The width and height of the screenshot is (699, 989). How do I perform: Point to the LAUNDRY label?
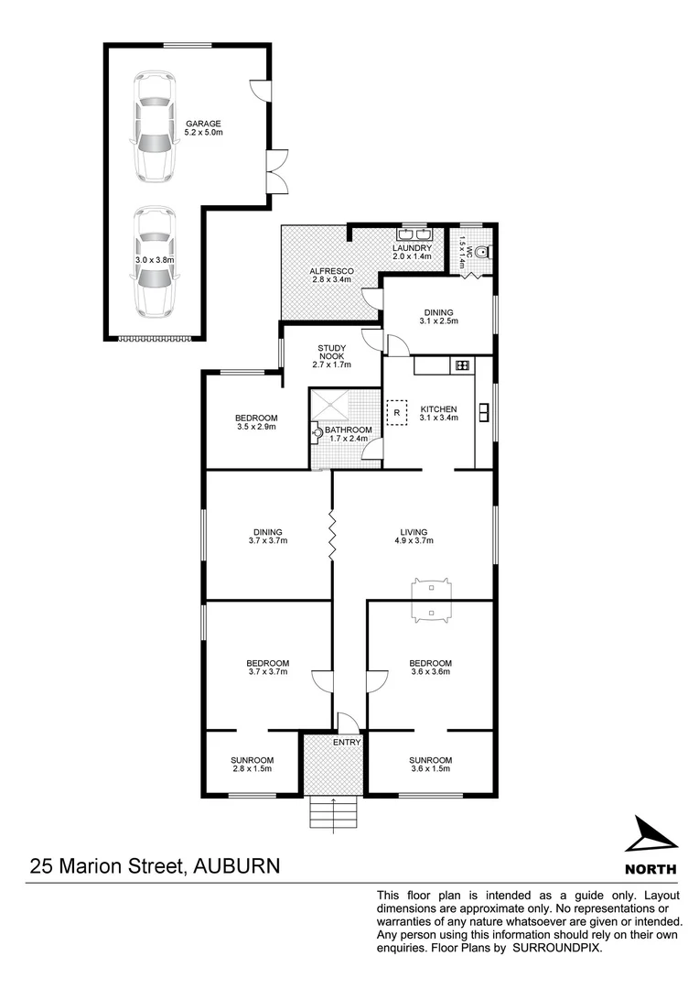point(411,248)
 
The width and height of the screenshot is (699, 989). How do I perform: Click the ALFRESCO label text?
point(331,270)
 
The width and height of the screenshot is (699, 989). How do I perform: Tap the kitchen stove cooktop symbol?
point(462,365)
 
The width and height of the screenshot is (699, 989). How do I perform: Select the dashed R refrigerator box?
point(396,413)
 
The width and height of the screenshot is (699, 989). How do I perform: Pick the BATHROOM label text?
point(349,429)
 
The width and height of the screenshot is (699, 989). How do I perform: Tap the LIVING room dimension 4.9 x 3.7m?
point(414,541)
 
